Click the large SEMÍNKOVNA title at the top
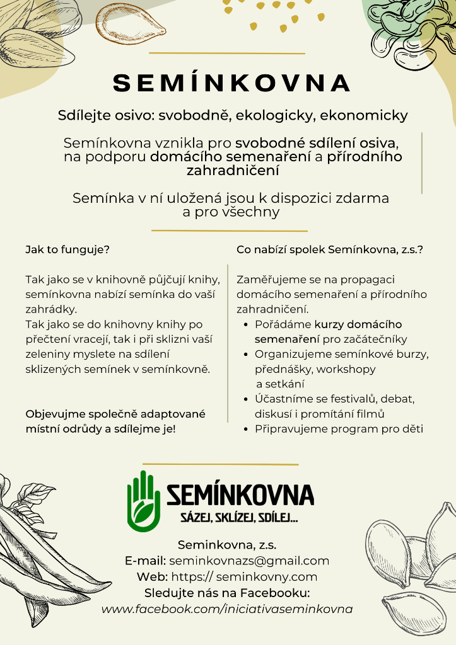(231, 83)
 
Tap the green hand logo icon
(144, 501)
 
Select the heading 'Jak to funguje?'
(67, 249)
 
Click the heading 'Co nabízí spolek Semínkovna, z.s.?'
(330, 249)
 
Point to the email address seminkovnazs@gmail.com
(249, 561)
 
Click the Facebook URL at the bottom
(227, 609)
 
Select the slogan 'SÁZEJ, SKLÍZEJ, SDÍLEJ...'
(240, 518)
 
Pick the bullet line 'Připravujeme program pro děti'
(339, 430)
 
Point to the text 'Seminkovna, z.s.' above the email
(227, 545)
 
